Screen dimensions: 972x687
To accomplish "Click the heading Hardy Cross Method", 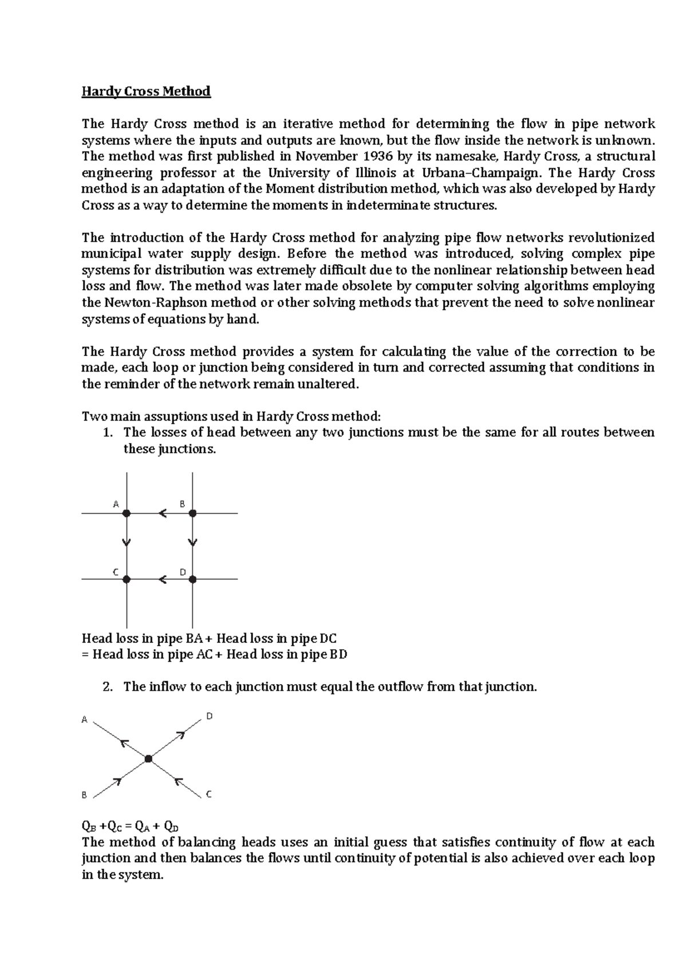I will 146,92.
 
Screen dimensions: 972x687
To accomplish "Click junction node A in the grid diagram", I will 127,513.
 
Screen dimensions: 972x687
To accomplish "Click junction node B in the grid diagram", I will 193,513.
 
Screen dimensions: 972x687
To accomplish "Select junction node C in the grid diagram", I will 127,579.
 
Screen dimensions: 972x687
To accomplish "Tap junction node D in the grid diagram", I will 193,579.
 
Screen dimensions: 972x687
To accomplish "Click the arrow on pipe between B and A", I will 163,513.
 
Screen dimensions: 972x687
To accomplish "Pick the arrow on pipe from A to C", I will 127,542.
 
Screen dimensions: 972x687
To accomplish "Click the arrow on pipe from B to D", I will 193,542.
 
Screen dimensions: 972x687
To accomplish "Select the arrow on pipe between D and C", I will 163,579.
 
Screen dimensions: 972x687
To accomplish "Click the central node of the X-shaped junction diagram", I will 148,759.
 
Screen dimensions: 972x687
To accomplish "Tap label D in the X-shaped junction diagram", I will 210,716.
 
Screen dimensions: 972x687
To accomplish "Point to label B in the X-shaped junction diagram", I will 84,795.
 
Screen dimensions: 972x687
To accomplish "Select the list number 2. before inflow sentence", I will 108,687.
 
